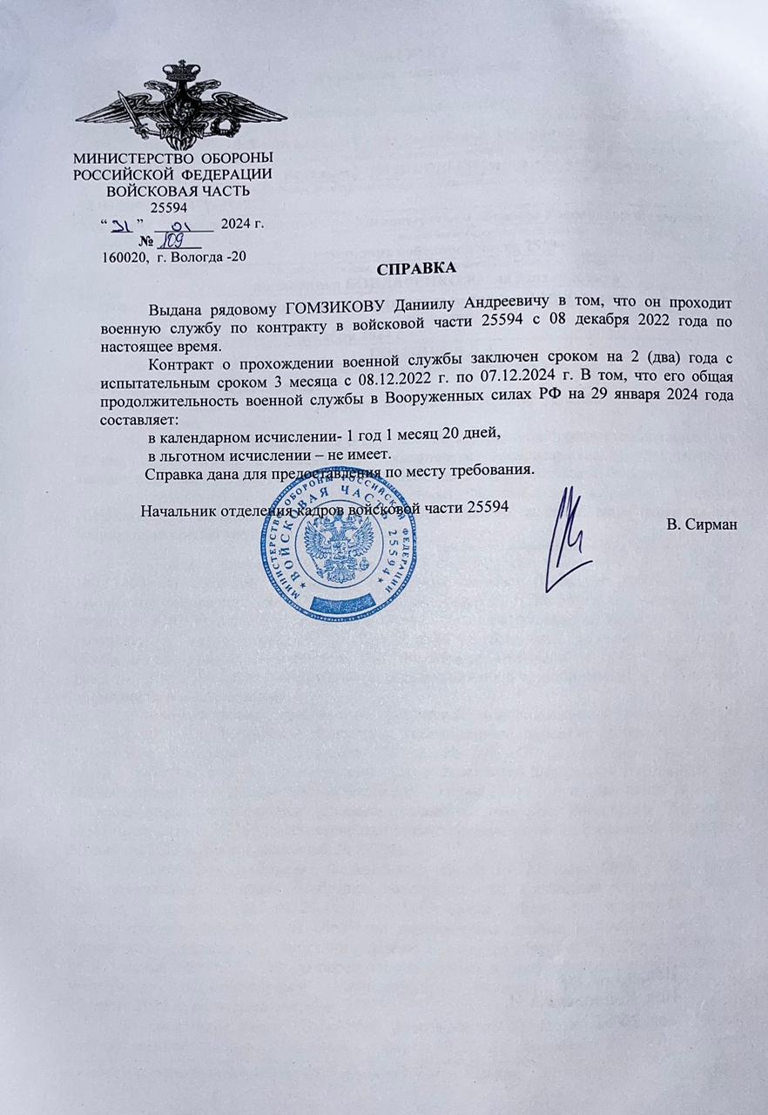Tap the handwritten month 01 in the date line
186,224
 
